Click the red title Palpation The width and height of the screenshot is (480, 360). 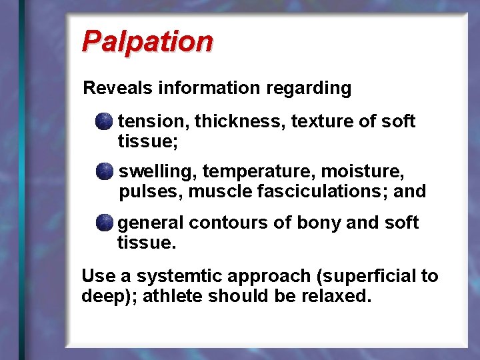pos(147,41)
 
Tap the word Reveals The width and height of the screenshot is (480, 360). pos(116,88)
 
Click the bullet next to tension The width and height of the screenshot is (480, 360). pos(103,122)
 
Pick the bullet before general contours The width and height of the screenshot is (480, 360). pos(103,223)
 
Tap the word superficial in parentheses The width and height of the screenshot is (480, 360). pos(367,276)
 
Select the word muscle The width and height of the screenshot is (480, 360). pos(219,192)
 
